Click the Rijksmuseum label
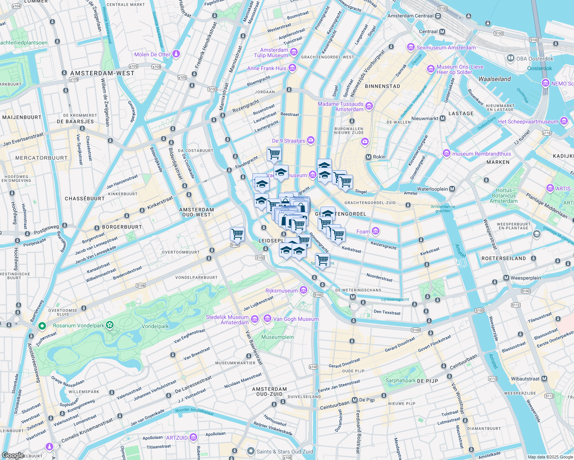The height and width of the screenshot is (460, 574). (x=282, y=291)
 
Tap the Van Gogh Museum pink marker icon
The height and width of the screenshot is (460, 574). (x=267, y=319)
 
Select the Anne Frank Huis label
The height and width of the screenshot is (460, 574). (x=267, y=68)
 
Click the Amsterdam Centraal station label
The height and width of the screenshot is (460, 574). (x=410, y=16)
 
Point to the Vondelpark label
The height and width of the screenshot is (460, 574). (x=155, y=326)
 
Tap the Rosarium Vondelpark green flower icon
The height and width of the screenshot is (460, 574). (x=110, y=325)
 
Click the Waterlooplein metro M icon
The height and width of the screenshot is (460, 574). (x=452, y=189)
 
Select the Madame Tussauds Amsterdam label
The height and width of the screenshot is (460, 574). (x=341, y=107)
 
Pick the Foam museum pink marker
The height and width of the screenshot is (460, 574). (x=376, y=231)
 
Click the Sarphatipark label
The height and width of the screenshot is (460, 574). (x=401, y=381)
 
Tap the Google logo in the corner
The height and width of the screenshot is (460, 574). (x=13, y=455)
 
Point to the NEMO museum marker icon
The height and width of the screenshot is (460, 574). (x=545, y=83)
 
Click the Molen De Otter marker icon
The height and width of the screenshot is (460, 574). (x=176, y=54)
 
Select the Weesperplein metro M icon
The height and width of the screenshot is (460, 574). (x=506, y=278)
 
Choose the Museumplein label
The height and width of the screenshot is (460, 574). (x=277, y=337)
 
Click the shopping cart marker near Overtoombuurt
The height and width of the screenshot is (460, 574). (x=237, y=233)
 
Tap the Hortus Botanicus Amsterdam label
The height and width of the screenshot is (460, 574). (x=503, y=195)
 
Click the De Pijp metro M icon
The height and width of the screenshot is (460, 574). (x=355, y=400)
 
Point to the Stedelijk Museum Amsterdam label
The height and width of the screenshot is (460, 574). (x=228, y=320)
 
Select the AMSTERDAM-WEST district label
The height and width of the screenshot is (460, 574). (x=102, y=73)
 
